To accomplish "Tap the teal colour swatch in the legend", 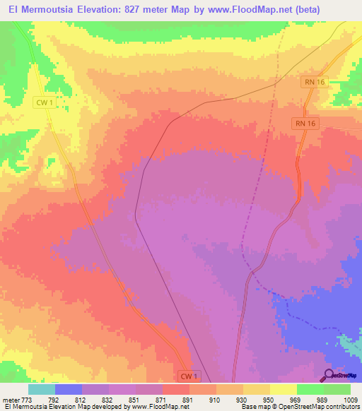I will click(x=42, y=389).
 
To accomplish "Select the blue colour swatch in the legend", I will click(x=69, y=389).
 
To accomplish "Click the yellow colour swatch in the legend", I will click(x=284, y=389).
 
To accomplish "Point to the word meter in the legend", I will click(x=10, y=399).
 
